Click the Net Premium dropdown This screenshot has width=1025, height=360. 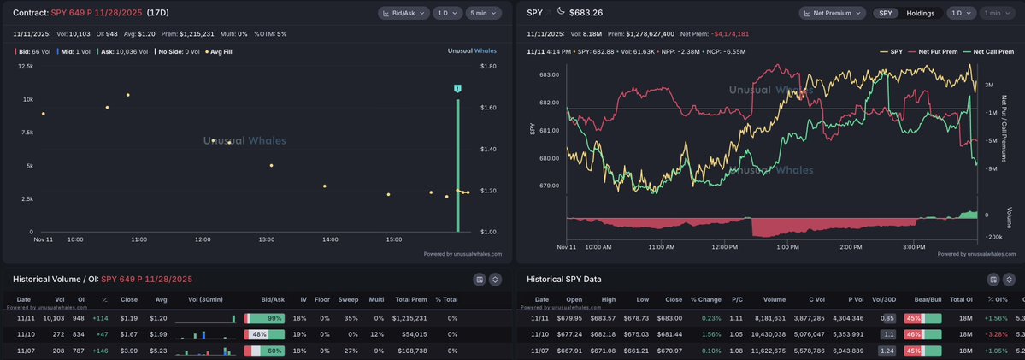coord(834,14)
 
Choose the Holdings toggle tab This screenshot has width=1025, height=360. coord(920,14)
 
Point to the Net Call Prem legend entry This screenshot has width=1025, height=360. coord(991,51)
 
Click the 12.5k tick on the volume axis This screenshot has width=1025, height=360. coord(26,66)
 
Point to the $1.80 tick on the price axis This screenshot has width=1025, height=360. coord(489,66)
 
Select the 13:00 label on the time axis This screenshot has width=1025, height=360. coord(267,240)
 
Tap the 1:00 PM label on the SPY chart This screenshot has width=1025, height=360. coord(787,247)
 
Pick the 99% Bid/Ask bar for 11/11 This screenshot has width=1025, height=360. coord(265,318)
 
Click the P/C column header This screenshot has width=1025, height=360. coord(737,299)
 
